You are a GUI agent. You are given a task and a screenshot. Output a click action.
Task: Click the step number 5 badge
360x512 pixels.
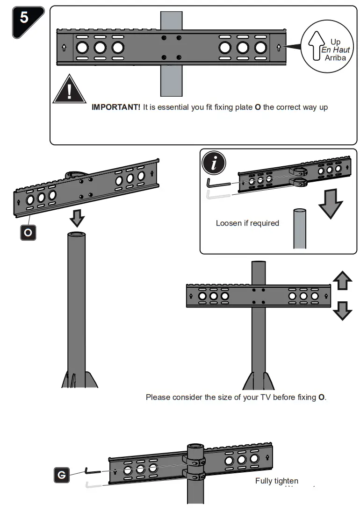point(25,19)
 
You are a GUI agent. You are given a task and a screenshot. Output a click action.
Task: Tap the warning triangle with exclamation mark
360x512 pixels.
point(70,90)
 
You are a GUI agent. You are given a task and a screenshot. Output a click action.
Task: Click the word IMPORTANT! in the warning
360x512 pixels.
point(116,107)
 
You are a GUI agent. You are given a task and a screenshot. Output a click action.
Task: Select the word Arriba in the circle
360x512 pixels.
point(336,58)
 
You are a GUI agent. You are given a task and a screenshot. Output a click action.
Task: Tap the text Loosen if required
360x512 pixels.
point(247,223)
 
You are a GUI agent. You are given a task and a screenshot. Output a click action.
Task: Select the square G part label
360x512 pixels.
point(62,475)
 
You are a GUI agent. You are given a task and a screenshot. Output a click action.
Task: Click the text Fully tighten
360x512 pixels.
point(276,481)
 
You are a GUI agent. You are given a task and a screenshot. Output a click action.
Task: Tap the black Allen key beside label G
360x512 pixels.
point(93,471)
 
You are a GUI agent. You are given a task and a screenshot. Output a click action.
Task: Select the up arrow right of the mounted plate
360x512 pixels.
point(342,282)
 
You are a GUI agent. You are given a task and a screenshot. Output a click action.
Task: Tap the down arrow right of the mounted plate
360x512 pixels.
point(342,310)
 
